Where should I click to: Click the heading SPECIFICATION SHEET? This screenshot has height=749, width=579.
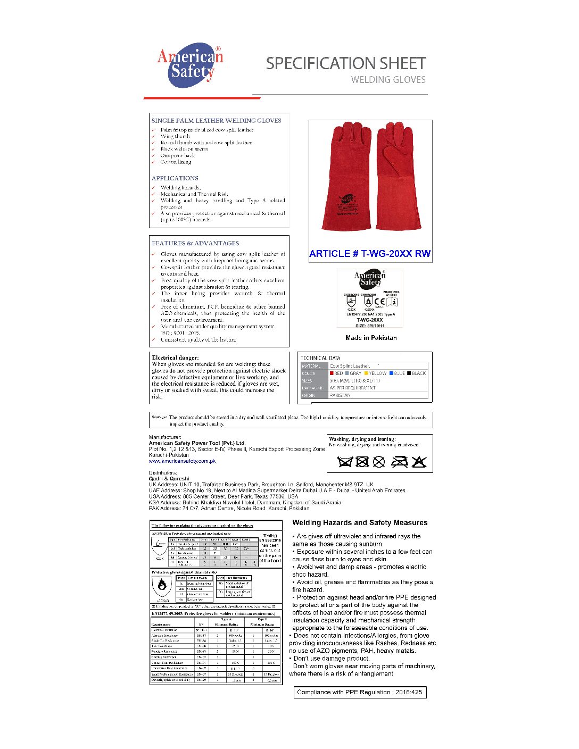click(x=346, y=63)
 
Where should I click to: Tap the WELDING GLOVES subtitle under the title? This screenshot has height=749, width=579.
click(x=388, y=80)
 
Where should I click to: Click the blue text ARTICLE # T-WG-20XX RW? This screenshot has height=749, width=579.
click(x=370, y=254)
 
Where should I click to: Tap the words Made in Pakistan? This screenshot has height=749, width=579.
click(x=371, y=338)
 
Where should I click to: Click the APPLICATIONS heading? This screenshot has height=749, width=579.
click(x=175, y=178)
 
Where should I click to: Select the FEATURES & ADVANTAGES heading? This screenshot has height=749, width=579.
click(x=195, y=243)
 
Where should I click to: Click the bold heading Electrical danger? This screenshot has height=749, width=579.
click(x=175, y=357)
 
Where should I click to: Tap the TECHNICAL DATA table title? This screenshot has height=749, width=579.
click(x=320, y=358)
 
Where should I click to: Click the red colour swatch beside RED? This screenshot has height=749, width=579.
click(x=332, y=373)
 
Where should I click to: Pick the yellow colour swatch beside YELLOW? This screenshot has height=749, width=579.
click(x=366, y=373)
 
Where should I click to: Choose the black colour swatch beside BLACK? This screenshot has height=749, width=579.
click(x=409, y=373)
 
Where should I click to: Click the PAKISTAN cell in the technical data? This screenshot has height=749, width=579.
click(x=340, y=395)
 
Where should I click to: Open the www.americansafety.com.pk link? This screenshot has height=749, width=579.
click(x=182, y=461)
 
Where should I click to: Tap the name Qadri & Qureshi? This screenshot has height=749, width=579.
click(x=169, y=479)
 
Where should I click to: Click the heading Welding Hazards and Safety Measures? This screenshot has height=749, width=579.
click(x=360, y=523)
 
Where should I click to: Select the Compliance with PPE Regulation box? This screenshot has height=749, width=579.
click(x=360, y=692)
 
